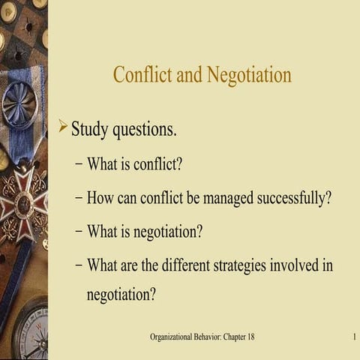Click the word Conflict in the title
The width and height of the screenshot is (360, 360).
[x=139, y=76]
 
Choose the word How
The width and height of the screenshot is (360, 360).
[x=100, y=199]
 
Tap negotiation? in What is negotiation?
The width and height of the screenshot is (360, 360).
[x=168, y=232]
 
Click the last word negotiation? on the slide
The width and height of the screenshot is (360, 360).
[x=121, y=295]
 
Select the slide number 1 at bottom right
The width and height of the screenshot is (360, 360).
[x=352, y=337]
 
